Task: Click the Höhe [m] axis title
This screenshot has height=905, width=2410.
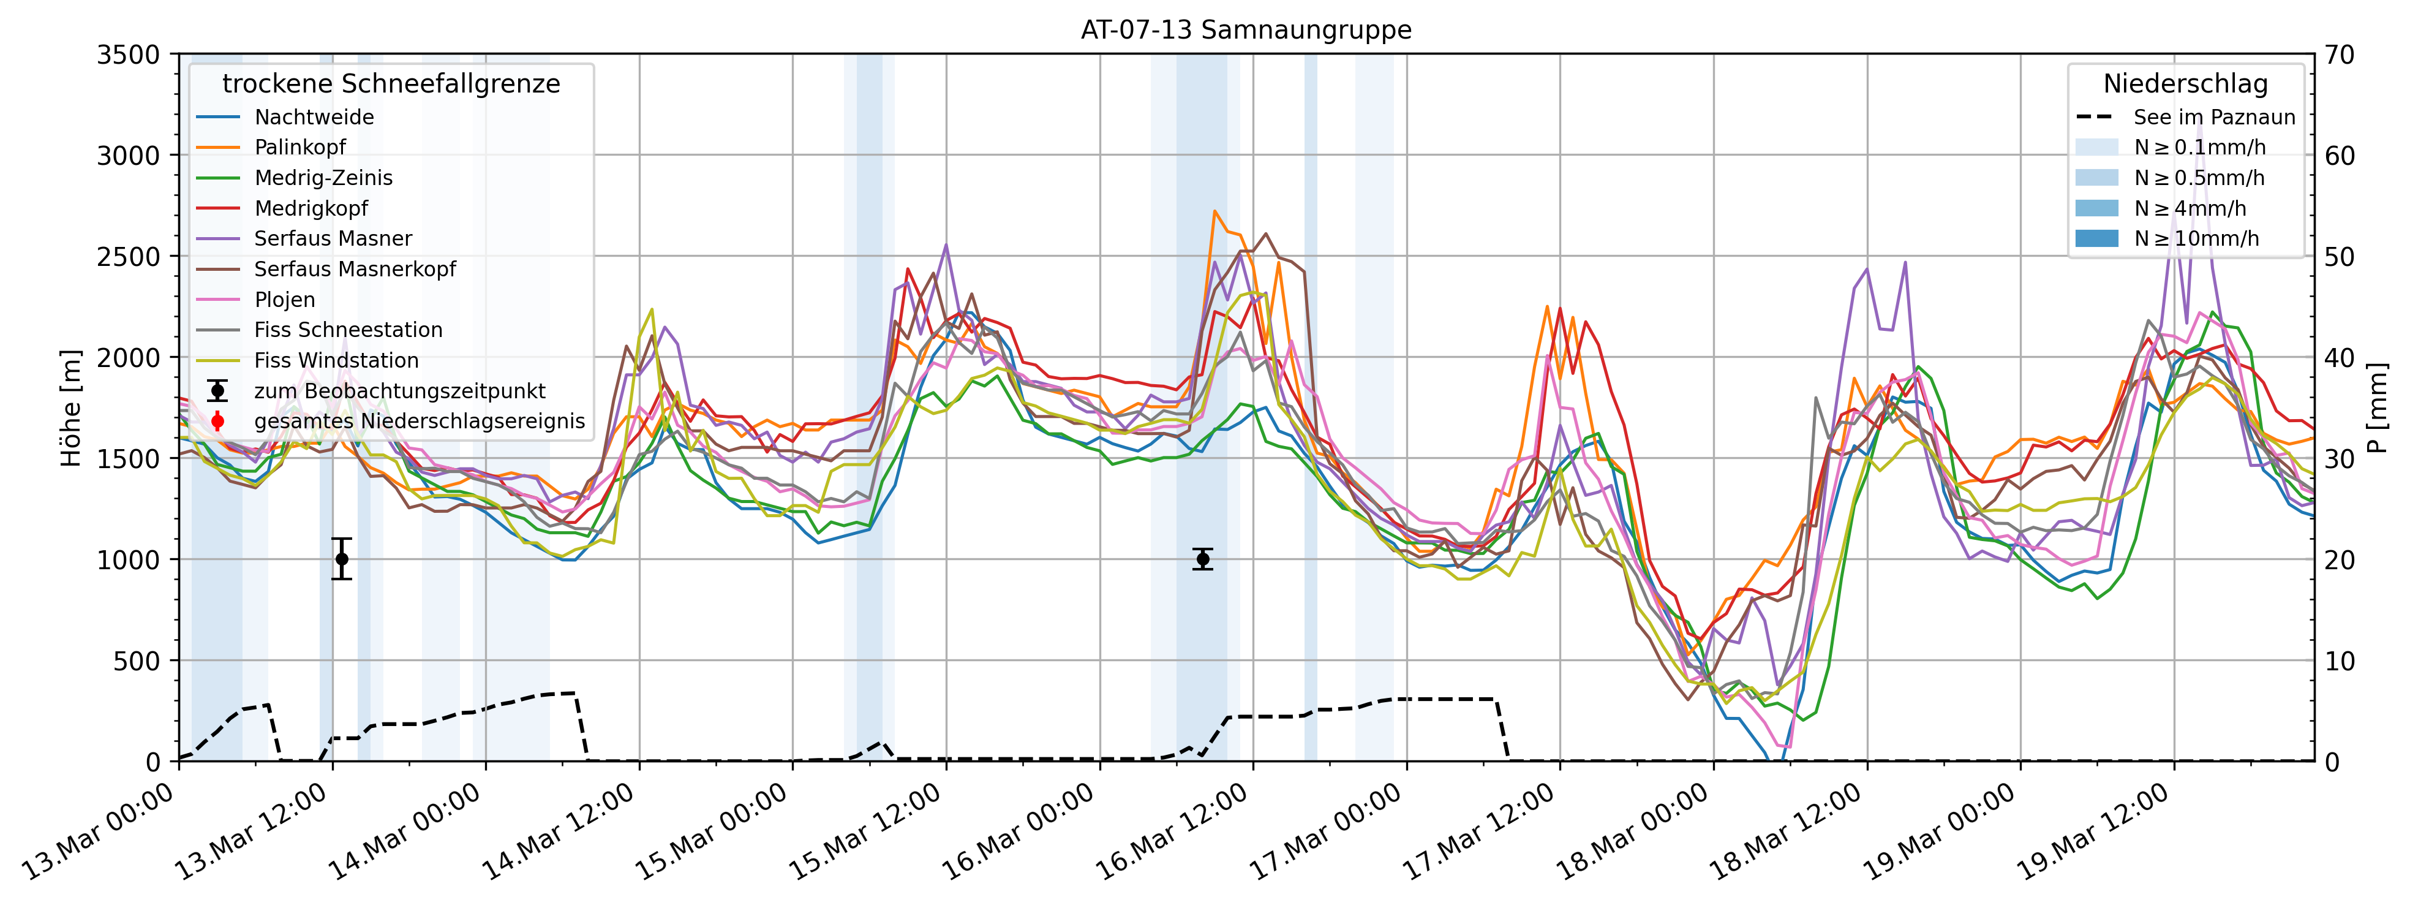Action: (71, 408)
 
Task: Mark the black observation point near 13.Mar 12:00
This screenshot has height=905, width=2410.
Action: (342, 559)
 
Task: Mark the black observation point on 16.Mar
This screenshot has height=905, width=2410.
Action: (1203, 559)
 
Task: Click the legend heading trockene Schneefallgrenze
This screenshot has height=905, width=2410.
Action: (391, 84)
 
